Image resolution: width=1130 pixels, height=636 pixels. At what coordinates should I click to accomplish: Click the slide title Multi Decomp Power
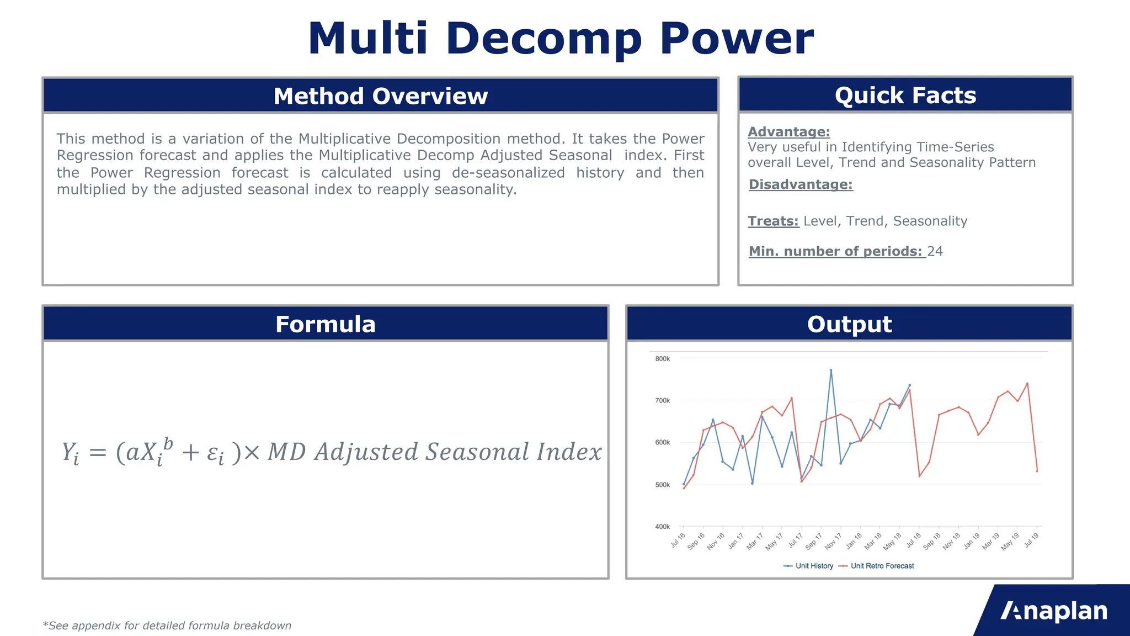point(561,39)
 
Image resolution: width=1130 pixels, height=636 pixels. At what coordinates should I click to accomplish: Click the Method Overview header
point(381,96)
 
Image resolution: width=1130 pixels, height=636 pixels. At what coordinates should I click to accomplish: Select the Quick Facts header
point(905,96)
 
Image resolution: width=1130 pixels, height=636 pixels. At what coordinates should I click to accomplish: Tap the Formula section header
point(326,324)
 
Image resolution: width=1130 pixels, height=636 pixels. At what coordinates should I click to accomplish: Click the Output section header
point(849,324)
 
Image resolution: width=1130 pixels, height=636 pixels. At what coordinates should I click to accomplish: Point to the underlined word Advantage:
point(788,132)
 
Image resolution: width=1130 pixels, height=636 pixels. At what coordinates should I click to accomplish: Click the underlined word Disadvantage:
point(801,184)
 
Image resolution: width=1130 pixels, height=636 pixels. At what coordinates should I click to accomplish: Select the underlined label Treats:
point(773,221)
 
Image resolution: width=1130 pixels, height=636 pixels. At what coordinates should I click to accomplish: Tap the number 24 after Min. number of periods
point(935,252)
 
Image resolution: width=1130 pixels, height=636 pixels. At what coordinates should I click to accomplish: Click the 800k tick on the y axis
point(662,359)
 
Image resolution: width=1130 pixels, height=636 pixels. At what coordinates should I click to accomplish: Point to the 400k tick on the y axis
point(662,527)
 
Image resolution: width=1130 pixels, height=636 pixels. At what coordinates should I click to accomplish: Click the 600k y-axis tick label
point(662,443)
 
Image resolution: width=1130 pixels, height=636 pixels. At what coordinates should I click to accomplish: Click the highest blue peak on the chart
point(831,370)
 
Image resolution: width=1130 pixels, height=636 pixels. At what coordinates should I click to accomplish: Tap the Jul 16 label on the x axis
point(678,540)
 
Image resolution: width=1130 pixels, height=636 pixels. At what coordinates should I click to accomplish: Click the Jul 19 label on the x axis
point(1031,540)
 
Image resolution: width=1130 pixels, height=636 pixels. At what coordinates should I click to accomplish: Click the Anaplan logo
point(1054,611)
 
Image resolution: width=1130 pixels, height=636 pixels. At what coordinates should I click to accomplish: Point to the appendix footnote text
point(167,626)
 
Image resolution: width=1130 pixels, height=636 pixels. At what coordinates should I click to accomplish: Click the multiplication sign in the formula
point(251,453)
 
